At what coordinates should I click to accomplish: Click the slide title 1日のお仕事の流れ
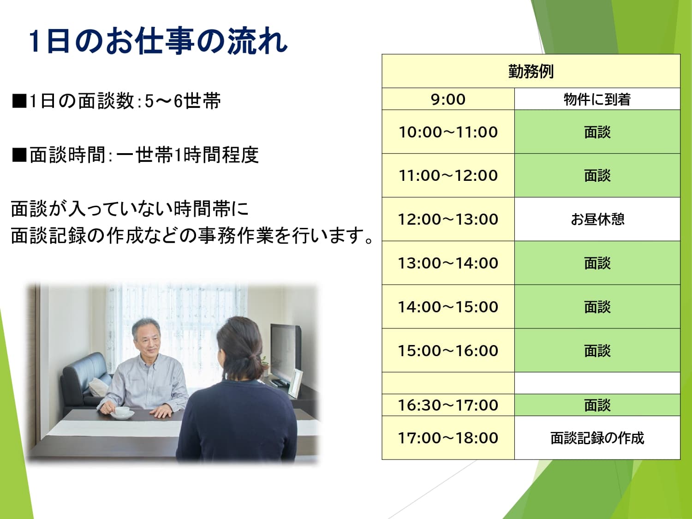(158, 41)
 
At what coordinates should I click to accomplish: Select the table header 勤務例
(531, 71)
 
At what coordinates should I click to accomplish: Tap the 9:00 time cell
(448, 99)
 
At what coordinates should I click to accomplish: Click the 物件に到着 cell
(597, 99)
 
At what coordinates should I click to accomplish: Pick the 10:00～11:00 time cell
(448, 132)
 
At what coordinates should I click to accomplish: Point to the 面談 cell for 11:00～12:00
(597, 175)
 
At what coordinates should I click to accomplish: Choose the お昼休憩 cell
(597, 219)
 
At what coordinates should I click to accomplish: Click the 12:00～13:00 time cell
(448, 219)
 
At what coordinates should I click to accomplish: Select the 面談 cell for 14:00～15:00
(597, 307)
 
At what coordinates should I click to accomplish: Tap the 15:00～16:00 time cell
(448, 351)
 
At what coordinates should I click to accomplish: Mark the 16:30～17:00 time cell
(448, 405)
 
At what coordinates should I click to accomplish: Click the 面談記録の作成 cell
(597, 438)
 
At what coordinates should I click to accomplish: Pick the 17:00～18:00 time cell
(448, 438)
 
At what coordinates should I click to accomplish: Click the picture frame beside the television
(295, 383)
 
